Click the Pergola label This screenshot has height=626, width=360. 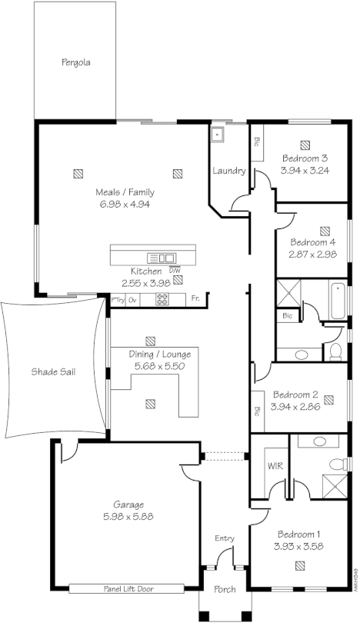76,62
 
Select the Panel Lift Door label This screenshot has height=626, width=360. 126,588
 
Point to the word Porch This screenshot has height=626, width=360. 225,590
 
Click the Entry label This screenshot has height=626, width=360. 224,538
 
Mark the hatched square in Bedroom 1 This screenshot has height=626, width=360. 299,566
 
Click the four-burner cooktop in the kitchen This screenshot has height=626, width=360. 162,298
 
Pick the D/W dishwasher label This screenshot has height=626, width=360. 175,271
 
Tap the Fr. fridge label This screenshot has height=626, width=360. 195,298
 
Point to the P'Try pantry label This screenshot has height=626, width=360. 118,298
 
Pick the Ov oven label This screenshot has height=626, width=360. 132,298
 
